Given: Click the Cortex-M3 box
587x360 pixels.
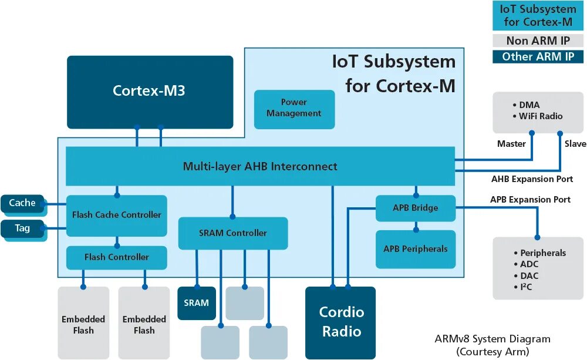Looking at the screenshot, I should click(150, 92).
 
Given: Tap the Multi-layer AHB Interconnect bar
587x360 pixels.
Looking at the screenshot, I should click(260, 166).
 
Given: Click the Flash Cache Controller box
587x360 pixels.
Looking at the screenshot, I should click(116, 215).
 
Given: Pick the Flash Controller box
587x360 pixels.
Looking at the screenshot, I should click(116, 257).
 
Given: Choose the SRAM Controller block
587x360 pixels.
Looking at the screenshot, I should click(232, 233).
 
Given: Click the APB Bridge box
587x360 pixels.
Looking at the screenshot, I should click(416, 208).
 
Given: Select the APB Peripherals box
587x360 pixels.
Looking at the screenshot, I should click(416, 249).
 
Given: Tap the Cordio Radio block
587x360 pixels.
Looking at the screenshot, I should click(340, 322).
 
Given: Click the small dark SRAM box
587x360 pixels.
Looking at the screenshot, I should click(196, 303).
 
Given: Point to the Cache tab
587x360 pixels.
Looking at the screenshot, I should click(22, 203).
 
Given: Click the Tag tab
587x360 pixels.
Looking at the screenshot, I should click(22, 228).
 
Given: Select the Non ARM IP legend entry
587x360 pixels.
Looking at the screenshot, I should click(538, 41).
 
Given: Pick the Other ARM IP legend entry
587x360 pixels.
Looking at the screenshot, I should click(538, 57).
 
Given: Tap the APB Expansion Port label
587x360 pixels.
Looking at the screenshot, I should click(530, 200).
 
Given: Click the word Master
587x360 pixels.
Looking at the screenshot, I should click(511, 144).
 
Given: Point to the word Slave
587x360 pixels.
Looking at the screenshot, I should click(575, 144).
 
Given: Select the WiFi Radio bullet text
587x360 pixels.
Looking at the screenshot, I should click(540, 116).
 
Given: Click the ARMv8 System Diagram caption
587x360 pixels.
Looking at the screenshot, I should click(492, 339).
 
